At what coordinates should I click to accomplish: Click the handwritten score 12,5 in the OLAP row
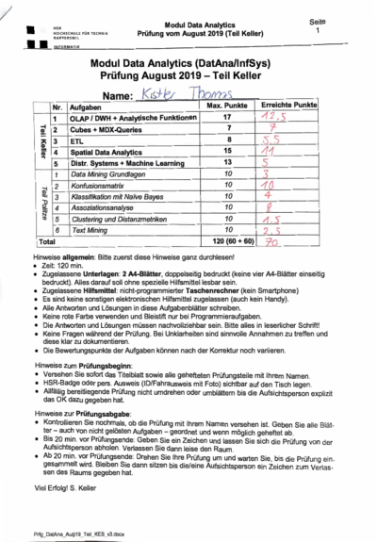293,119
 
